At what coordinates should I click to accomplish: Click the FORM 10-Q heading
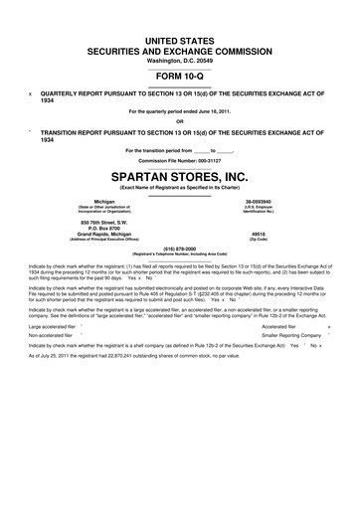180,76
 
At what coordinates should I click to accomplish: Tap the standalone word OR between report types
180,122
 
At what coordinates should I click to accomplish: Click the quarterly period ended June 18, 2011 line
180,111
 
